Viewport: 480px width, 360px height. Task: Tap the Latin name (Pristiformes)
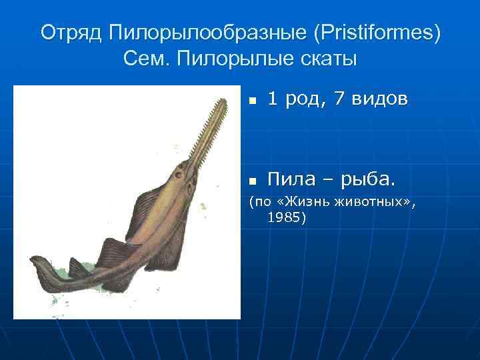pyautogui.click(x=382, y=32)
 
